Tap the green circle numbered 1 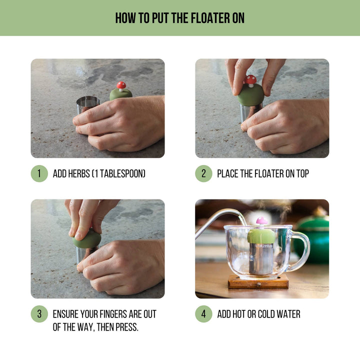[39, 173]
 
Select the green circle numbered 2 [203, 173]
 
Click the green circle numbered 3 [39, 314]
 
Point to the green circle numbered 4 [203, 314]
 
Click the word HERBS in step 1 [80, 174]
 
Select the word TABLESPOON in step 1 [123, 174]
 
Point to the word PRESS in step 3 [126, 327]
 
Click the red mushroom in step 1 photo [121, 86]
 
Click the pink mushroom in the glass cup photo [262, 221]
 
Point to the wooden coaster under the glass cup [258, 283]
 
